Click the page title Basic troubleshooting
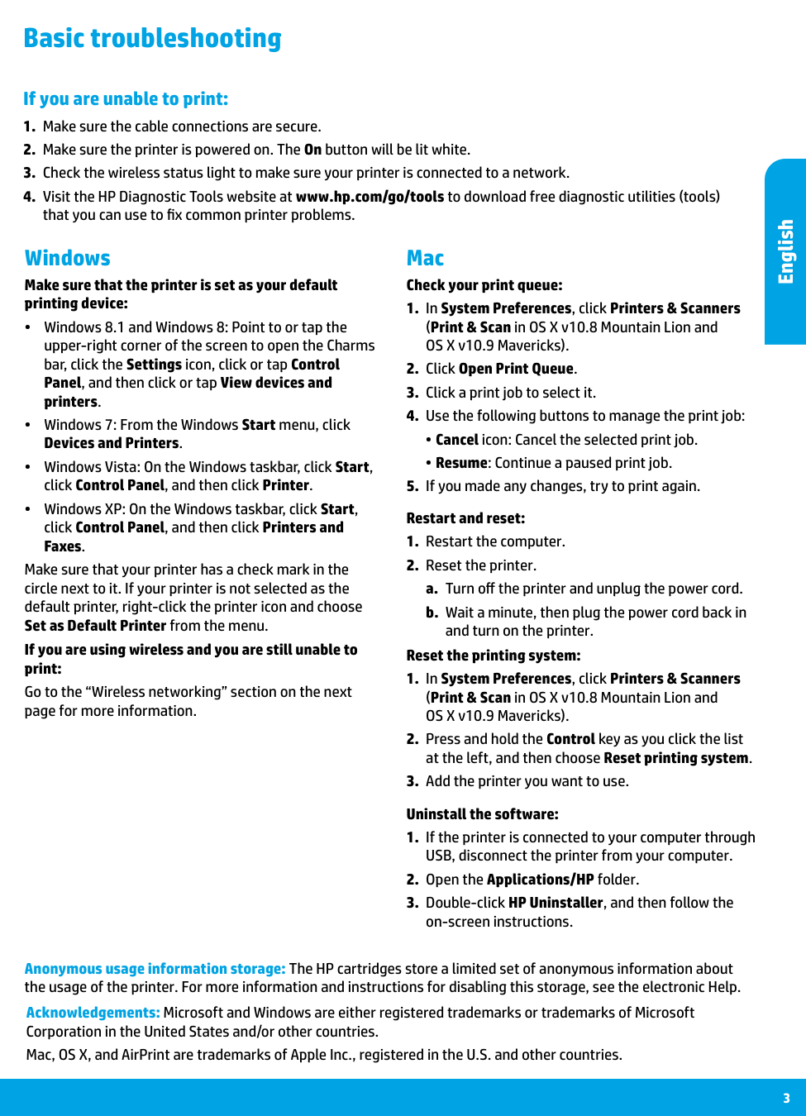[x=152, y=38]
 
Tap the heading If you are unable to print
[x=126, y=99]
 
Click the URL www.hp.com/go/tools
[x=370, y=197]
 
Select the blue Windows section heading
[x=68, y=258]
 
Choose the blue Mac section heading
[x=425, y=258]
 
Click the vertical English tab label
[x=785, y=251]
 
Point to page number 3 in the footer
[x=786, y=1098]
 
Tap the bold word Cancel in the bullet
[x=457, y=440]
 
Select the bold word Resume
[x=461, y=463]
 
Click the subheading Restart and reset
[x=465, y=518]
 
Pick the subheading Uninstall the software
[x=482, y=814]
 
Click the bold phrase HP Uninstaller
[x=556, y=903]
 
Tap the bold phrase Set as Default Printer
[x=95, y=626]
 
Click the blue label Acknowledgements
[x=93, y=1013]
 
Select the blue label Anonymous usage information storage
[x=155, y=969]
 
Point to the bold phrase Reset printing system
[x=676, y=758]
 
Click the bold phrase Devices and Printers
[x=112, y=443]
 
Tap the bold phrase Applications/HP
[x=541, y=880]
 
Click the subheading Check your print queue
[x=484, y=285]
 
